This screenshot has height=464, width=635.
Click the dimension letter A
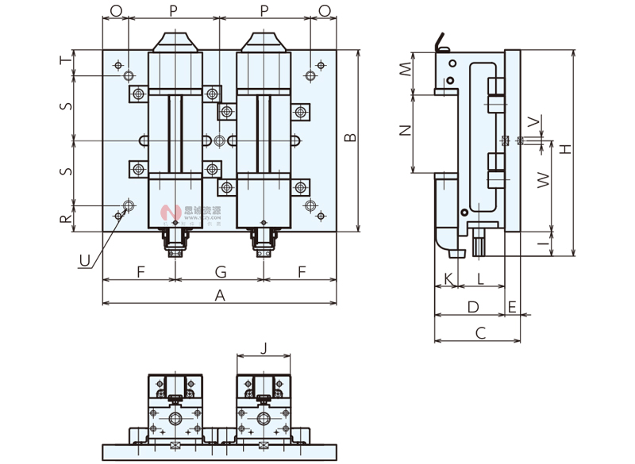[x=221, y=295]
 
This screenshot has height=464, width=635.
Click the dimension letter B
[x=350, y=138]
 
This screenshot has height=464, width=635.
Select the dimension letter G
[x=221, y=272]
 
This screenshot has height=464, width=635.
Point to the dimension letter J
[x=264, y=347]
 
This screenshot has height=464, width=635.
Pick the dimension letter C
[x=479, y=333]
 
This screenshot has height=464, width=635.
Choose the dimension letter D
[x=472, y=306]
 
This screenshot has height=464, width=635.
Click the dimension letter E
[x=513, y=306]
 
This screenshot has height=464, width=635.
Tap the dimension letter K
[x=448, y=278]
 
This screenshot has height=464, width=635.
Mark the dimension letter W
[x=543, y=181]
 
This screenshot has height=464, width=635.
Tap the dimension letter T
[x=67, y=60]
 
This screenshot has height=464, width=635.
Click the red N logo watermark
[x=167, y=212]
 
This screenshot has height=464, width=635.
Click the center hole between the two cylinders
[x=220, y=140]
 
